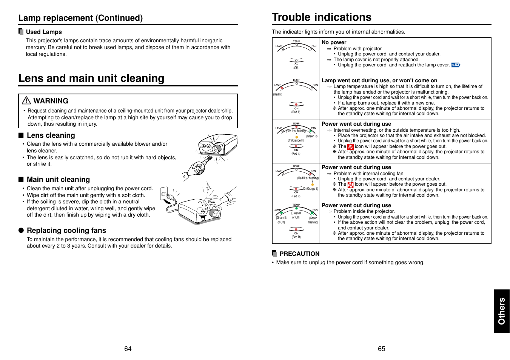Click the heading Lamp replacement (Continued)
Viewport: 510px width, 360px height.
point(80,18)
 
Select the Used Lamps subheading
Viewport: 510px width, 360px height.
point(43,32)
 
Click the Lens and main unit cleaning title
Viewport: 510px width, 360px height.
point(91,78)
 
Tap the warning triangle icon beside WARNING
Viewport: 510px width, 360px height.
point(26,100)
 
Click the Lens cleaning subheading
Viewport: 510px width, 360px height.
point(51,135)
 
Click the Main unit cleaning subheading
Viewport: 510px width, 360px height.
point(58,180)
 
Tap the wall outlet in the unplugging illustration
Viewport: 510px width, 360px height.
point(164,193)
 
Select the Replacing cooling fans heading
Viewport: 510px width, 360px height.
point(66,231)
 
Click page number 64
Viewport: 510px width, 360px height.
point(128,349)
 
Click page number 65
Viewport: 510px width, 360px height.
point(381,349)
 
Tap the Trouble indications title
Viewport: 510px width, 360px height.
point(322,17)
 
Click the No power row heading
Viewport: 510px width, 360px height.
point(334,42)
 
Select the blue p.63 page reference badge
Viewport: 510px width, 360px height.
point(456,65)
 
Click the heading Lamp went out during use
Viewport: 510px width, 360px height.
point(379,80)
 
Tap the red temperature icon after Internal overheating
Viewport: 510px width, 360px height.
point(350,146)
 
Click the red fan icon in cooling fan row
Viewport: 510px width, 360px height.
point(350,185)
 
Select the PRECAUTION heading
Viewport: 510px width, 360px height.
point(299,254)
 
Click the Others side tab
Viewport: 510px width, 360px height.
point(502,311)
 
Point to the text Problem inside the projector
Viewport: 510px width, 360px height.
point(364,211)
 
